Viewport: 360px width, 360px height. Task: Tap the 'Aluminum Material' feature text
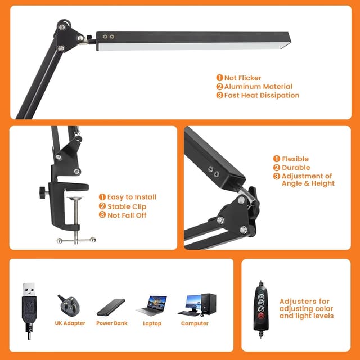click(258, 87)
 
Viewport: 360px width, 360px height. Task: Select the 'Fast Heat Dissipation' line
click(261, 96)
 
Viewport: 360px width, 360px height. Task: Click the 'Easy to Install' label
click(132, 197)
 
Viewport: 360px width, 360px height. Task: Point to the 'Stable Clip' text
click(127, 206)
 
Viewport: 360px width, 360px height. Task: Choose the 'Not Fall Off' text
click(127, 215)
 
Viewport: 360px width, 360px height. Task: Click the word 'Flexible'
click(295, 159)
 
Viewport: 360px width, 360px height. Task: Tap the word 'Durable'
click(295, 168)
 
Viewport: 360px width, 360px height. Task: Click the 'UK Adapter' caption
click(70, 323)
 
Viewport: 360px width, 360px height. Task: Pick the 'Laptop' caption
click(152, 323)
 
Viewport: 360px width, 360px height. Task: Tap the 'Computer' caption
click(195, 323)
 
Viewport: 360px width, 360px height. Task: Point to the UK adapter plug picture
click(70, 304)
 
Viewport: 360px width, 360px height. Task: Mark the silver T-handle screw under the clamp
click(76, 240)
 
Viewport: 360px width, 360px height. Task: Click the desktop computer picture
click(197, 304)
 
